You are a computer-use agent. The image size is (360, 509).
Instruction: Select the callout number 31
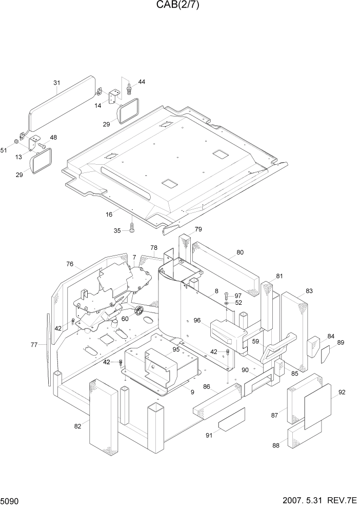pyautogui.click(x=56, y=83)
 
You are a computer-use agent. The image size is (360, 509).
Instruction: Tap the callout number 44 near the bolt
pyautogui.click(x=142, y=82)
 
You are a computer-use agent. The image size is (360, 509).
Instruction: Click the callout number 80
pyautogui.click(x=240, y=252)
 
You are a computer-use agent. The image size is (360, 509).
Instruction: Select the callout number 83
pyautogui.click(x=309, y=291)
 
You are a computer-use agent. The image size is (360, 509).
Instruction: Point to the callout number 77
pyautogui.click(x=34, y=345)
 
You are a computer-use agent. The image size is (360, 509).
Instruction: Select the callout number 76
pyautogui.click(x=70, y=264)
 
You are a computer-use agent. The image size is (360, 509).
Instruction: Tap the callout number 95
pyautogui.click(x=176, y=349)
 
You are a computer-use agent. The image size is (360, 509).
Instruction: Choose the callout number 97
pyautogui.click(x=238, y=296)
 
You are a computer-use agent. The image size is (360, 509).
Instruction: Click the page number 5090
pyautogui.click(x=11, y=500)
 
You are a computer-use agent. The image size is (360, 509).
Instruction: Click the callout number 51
pyautogui.click(x=4, y=150)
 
